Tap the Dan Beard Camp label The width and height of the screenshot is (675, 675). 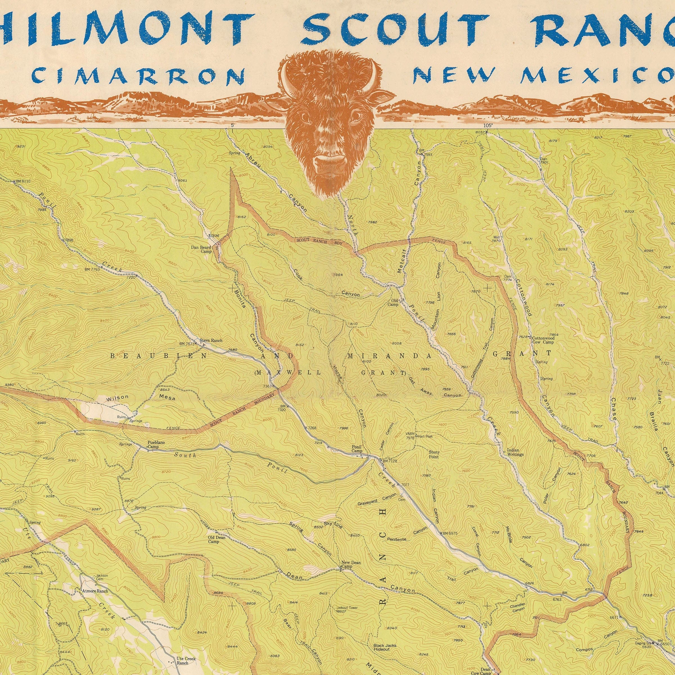click(201, 249)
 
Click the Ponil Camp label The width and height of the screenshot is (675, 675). click(357, 449)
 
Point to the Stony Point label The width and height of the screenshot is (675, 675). click(434, 454)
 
